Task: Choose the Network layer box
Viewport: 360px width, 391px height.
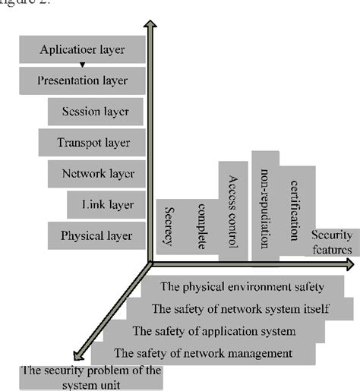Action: click(x=97, y=172)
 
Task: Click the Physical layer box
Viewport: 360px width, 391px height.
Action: click(x=96, y=235)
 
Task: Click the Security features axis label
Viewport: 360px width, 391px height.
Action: click(x=331, y=242)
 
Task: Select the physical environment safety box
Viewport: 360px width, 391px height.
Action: click(x=242, y=286)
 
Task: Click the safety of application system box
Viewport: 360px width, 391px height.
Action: click(x=214, y=331)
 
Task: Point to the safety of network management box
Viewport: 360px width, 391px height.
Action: click(x=202, y=353)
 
